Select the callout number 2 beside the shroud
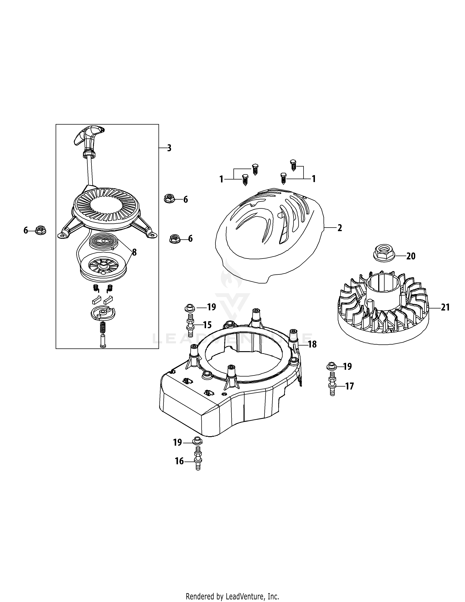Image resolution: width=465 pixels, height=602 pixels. click(340, 228)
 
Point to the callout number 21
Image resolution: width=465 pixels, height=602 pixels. click(445, 307)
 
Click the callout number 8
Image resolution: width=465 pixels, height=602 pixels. click(134, 252)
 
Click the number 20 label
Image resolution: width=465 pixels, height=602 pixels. click(411, 256)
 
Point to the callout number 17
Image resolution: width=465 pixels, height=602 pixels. click(349, 386)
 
